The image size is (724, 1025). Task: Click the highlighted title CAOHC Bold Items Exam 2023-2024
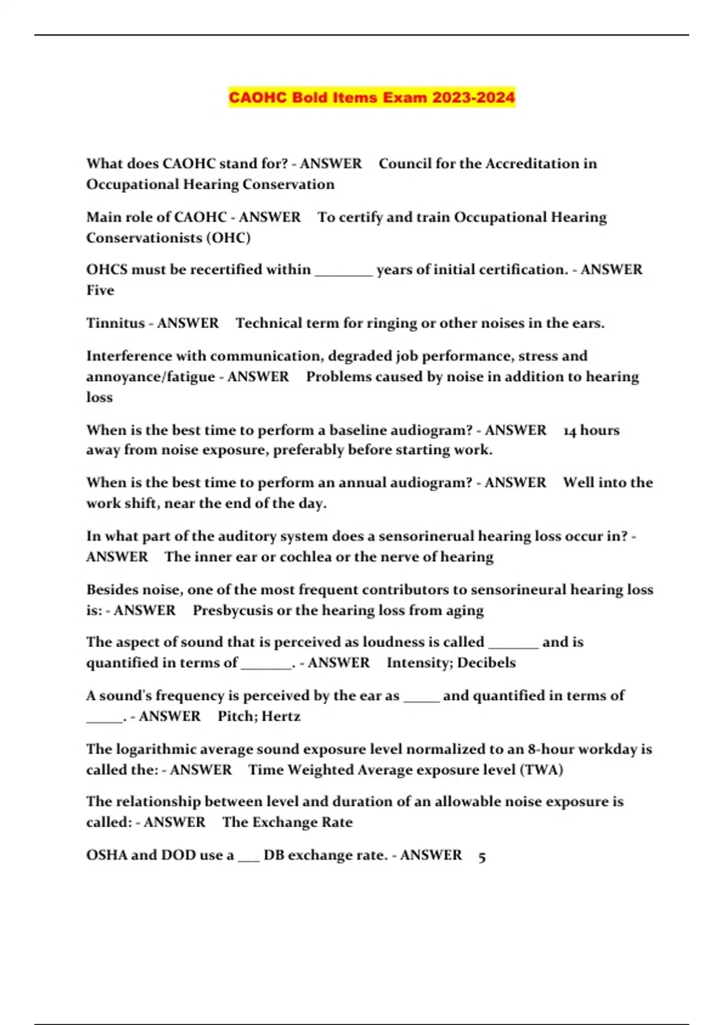click(x=372, y=97)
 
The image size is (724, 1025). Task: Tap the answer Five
click(x=100, y=291)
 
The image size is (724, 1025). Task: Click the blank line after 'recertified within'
click(x=344, y=271)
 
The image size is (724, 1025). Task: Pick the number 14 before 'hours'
click(x=570, y=430)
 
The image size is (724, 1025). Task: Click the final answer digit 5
click(x=481, y=856)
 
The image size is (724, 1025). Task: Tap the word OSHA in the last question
click(x=107, y=855)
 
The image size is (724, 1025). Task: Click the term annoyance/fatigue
click(x=150, y=377)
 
